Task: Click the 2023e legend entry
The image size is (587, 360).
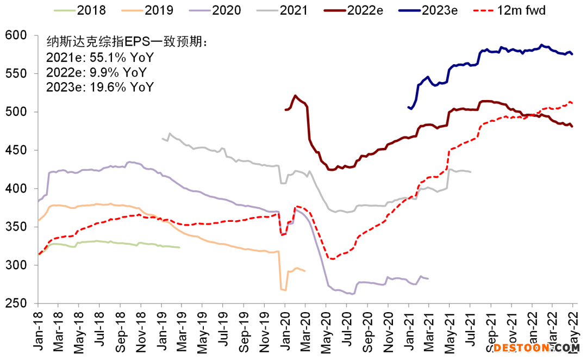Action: (432, 10)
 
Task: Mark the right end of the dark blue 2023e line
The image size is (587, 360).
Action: (572, 54)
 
